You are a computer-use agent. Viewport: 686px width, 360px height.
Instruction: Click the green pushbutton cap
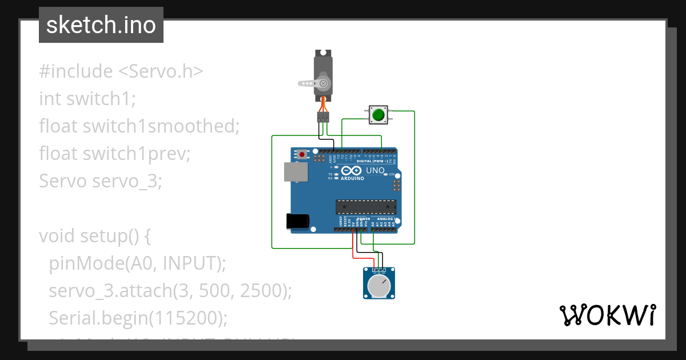pos(378,115)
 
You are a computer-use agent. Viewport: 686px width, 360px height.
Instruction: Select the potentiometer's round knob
pos(379,286)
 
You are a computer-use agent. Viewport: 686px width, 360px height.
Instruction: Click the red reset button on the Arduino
pos(301,154)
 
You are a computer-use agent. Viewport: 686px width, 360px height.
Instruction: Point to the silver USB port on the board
pos(295,171)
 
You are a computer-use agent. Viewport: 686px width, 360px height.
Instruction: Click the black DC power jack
pos(297,221)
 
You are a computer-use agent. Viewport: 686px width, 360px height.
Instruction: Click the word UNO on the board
pos(374,170)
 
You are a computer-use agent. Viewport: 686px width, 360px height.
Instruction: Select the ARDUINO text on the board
pos(352,178)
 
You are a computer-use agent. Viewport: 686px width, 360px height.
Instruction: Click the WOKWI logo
pos(607,315)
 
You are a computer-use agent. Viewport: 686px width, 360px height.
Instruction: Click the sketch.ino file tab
pos(101,25)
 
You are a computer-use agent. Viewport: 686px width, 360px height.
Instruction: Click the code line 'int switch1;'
pos(87,99)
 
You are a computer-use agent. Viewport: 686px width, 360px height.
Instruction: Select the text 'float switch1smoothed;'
pos(139,126)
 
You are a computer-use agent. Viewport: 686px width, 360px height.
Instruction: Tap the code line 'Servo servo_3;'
pos(101,181)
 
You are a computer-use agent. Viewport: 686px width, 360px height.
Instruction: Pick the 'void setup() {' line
pos(94,236)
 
